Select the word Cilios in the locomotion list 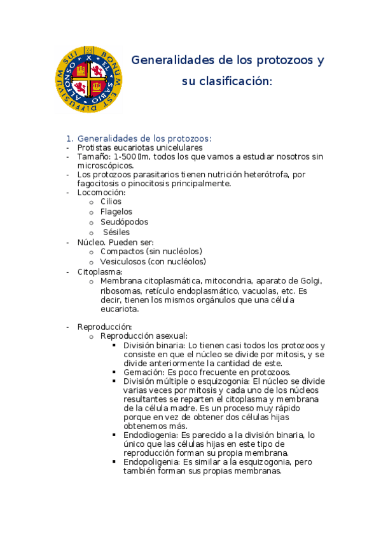pos(111,201)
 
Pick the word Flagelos pos(116,212)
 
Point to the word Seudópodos pos(124,222)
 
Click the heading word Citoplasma pos(99,271)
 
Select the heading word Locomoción pos(101,192)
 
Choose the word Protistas pos(95,147)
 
